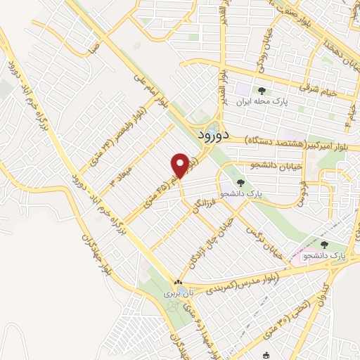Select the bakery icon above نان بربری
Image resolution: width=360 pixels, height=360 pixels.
pos(177,285)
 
